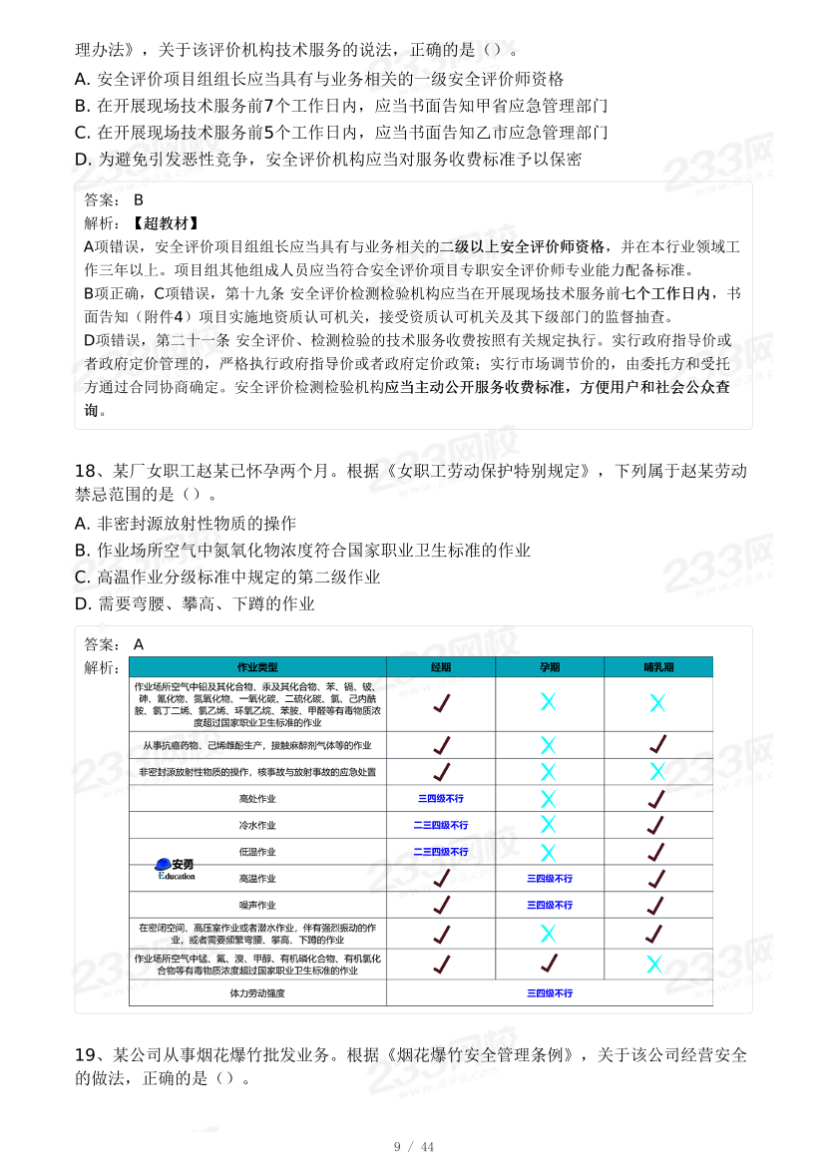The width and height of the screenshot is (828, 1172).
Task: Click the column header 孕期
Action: click(550, 666)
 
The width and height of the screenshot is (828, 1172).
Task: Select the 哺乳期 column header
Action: click(657, 666)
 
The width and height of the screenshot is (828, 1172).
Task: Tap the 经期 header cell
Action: click(441, 666)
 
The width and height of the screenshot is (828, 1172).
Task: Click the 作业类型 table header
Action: click(257, 666)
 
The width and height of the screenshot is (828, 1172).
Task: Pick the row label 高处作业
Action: click(257, 799)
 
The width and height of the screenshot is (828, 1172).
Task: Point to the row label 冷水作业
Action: click(257, 826)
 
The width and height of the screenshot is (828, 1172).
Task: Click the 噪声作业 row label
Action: click(257, 906)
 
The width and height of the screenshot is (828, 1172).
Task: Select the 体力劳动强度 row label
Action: click(257, 993)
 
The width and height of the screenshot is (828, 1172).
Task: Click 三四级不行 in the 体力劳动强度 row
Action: click(550, 993)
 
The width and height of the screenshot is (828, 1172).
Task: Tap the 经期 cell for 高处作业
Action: click(441, 799)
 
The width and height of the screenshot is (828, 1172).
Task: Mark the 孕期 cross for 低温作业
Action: click(549, 852)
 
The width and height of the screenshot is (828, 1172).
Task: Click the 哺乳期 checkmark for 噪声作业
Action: click(656, 906)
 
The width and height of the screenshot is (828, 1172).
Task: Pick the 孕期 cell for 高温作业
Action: click(550, 879)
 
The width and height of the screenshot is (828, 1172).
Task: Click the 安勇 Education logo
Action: click(176, 868)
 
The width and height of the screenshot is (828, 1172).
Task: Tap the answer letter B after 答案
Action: click(139, 199)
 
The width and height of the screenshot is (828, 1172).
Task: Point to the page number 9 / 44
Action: click(414, 1146)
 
